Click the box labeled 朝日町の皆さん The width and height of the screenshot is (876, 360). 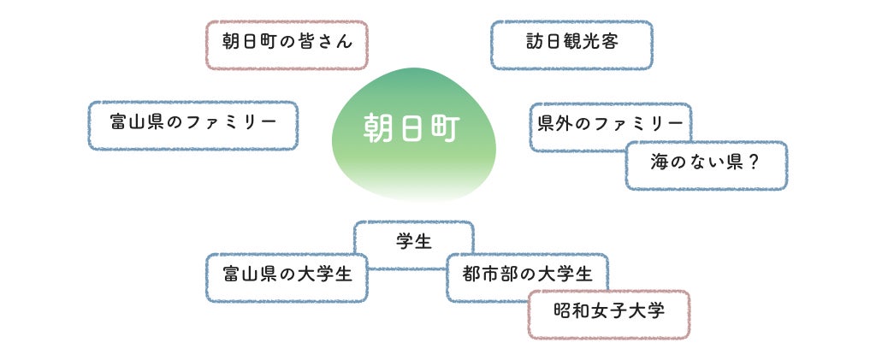pos(287,44)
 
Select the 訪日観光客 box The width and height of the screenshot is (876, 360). pos(571,44)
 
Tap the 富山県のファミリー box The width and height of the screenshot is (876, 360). pos(192,126)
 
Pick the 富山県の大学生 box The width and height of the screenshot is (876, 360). pos(287,277)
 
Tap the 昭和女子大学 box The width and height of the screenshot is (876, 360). pos(609,315)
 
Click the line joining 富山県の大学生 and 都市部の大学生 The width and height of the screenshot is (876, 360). pos(407,269)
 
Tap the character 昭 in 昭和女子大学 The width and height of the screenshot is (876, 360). pos(564,310)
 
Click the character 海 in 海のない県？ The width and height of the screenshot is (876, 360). pos(660,162)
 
